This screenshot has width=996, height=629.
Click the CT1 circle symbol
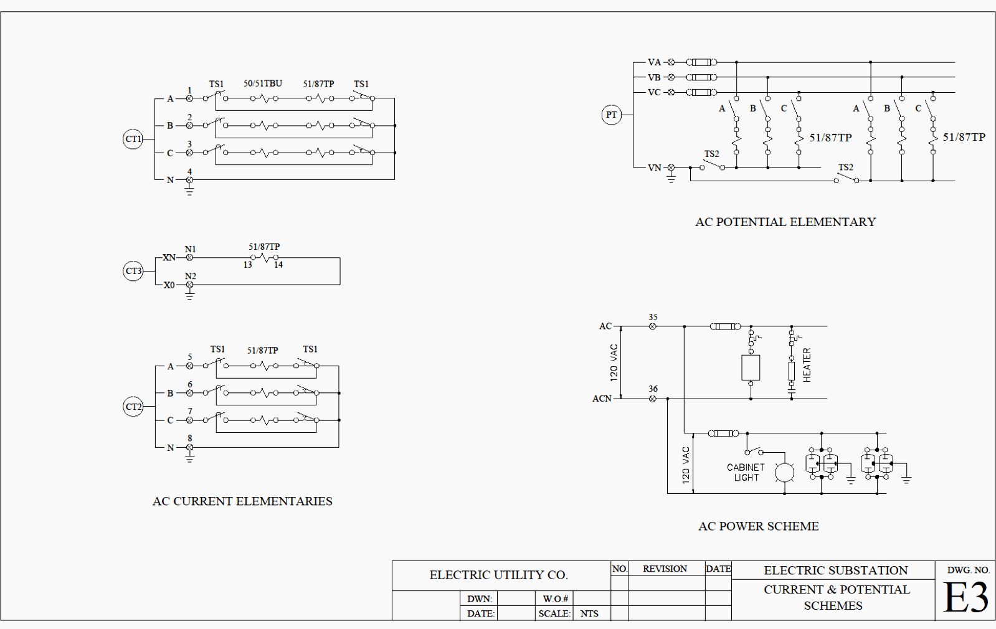click(x=133, y=139)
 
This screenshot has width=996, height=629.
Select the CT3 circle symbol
click(x=133, y=271)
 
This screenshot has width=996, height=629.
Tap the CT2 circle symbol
click(x=133, y=407)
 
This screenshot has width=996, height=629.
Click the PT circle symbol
click(x=611, y=115)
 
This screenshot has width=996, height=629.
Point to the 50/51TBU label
click(x=262, y=83)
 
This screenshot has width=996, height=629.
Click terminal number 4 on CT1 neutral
click(x=190, y=172)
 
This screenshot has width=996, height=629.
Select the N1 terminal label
click(x=190, y=249)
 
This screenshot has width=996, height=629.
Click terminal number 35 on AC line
click(x=653, y=318)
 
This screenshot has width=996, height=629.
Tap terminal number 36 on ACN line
click(x=653, y=389)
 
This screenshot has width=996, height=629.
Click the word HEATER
click(x=807, y=365)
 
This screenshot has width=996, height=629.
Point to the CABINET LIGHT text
click(x=746, y=472)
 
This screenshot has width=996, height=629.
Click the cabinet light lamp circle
click(x=784, y=472)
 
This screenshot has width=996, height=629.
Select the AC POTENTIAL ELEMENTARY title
click(x=785, y=222)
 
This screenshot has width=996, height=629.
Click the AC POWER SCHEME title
click(x=758, y=526)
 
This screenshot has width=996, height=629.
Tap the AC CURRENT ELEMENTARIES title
click(x=242, y=501)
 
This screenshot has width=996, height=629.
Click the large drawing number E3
click(x=965, y=598)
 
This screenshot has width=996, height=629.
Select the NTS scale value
click(x=589, y=613)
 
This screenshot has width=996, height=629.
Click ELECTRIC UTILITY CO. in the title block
click(x=498, y=575)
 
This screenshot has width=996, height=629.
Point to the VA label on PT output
click(x=654, y=62)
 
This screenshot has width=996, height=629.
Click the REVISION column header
click(x=665, y=569)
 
